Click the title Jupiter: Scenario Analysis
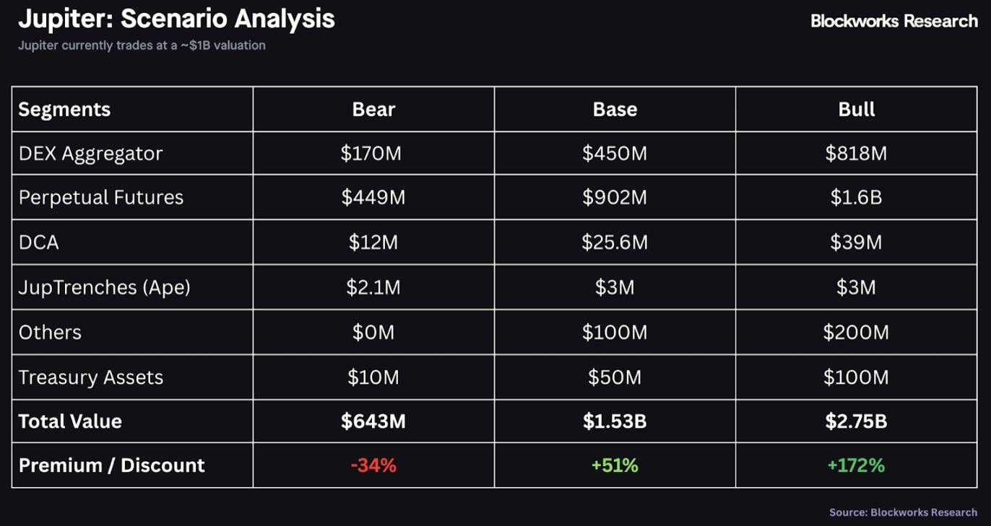(176, 19)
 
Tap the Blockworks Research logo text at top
(893, 21)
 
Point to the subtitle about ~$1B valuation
(142, 45)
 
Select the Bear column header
(373, 109)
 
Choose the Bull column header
(856, 109)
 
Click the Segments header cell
(64, 109)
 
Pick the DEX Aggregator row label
(90, 153)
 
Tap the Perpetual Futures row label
(101, 198)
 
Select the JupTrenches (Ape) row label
(104, 287)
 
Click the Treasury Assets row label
(91, 377)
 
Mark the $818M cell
(856, 153)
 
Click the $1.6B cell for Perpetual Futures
(856, 198)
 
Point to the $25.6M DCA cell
(615, 242)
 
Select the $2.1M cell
(373, 287)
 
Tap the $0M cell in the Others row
(373, 333)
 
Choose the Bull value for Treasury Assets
(856, 377)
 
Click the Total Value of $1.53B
(615, 421)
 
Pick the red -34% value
(373, 465)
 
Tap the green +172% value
(856, 465)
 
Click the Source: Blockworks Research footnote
(903, 512)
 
